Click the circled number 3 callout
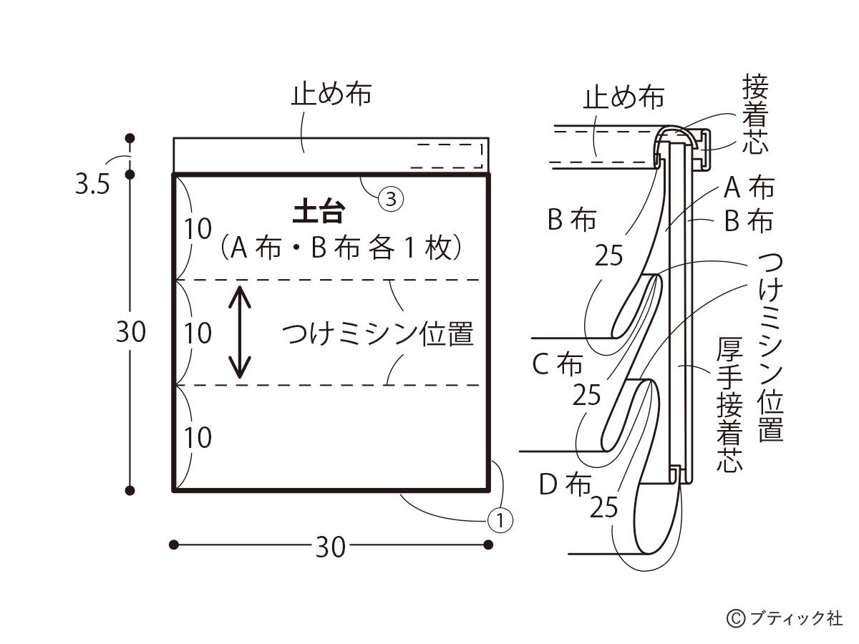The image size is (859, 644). click(x=391, y=200)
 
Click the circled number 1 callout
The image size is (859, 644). click(x=500, y=520)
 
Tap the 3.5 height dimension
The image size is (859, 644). click(x=92, y=185)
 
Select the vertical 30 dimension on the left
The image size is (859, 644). click(x=130, y=332)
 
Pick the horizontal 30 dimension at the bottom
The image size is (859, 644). click(x=330, y=547)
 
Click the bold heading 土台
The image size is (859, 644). click(x=319, y=213)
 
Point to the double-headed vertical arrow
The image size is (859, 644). click(x=240, y=333)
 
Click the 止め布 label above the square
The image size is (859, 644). click(x=331, y=94)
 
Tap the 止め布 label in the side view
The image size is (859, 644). click(x=623, y=97)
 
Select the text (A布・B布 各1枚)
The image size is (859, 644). click(x=340, y=248)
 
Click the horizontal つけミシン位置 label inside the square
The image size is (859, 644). click(x=378, y=334)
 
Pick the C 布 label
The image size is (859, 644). click(x=557, y=364)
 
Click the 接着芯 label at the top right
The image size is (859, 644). click(x=755, y=116)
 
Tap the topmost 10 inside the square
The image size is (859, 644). click(x=198, y=229)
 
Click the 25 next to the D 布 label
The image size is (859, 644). click(x=603, y=507)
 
